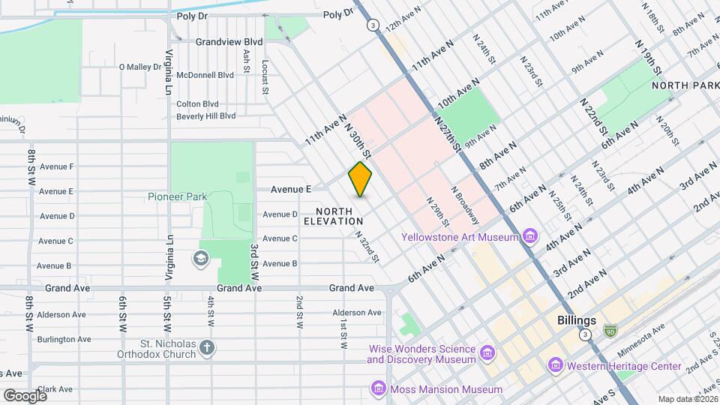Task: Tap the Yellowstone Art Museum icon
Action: [531, 238]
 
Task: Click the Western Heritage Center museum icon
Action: [556, 365]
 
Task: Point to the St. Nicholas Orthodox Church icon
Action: [207, 347]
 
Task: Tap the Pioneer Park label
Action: [177, 196]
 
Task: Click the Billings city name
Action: [577, 320]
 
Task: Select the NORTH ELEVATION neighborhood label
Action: [334, 216]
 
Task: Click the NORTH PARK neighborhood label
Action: [685, 85]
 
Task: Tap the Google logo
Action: [25, 395]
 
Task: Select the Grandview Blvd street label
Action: [229, 43]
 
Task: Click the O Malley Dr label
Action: [140, 67]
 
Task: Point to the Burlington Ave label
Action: [65, 339]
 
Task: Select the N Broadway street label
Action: [465, 205]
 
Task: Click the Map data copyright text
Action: [687, 399]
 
